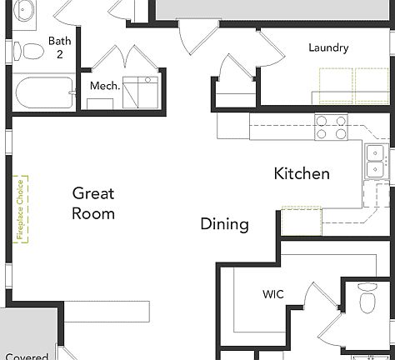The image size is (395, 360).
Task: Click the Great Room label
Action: pyautogui.click(x=93, y=203)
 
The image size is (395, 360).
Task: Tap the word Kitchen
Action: pyautogui.click(x=302, y=174)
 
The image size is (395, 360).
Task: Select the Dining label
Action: pyautogui.click(x=224, y=224)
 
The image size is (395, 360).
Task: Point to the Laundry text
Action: pyautogui.click(x=328, y=47)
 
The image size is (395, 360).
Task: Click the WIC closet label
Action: pyautogui.click(x=272, y=295)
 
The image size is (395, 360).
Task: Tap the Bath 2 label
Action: pyautogui.click(x=59, y=47)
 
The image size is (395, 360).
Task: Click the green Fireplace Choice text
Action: pyautogui.click(x=20, y=208)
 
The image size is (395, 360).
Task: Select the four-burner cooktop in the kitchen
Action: pyautogui.click(x=331, y=127)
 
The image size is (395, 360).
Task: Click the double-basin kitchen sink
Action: pyautogui.click(x=376, y=161)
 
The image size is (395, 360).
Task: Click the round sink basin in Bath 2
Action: pyautogui.click(x=24, y=11)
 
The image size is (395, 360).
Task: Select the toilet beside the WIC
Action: pyautogui.click(x=367, y=298)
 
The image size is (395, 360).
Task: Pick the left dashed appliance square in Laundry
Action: pyautogui.click(x=334, y=85)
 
